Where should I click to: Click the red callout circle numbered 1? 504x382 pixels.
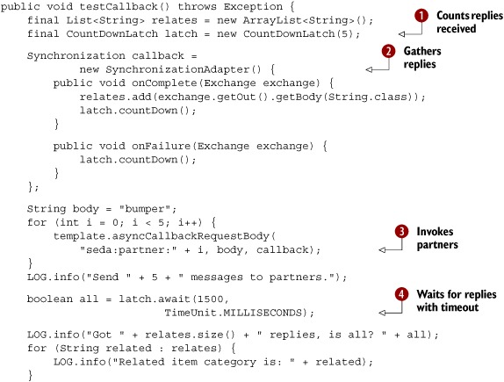coord(421,16)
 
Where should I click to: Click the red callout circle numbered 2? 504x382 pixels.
coord(389,51)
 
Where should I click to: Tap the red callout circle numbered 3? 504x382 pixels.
coord(402,232)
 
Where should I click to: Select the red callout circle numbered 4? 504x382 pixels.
coord(402,294)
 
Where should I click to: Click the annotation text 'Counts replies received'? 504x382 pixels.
coord(469,22)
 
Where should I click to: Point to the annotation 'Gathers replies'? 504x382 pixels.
coord(422,58)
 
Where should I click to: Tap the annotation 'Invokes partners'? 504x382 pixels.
coord(437,238)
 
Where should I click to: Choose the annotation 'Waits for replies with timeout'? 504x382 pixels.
coord(457,300)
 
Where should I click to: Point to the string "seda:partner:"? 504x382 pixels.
coord(128,249)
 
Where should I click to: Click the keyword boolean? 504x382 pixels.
coord(50,299)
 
